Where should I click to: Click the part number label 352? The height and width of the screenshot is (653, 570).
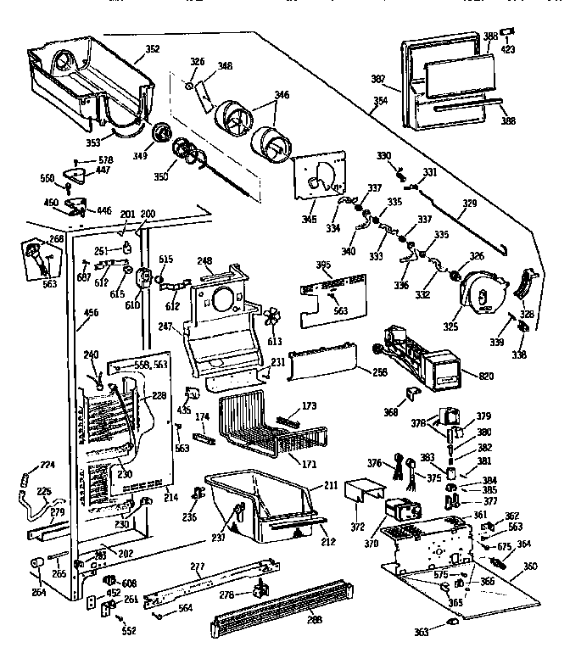152,48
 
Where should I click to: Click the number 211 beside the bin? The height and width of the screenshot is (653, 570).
332,487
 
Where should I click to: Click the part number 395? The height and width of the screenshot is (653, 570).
322,265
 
